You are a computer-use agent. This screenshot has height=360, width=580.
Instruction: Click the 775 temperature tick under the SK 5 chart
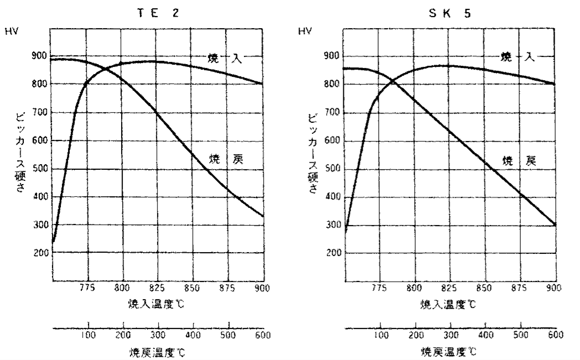point(379,288)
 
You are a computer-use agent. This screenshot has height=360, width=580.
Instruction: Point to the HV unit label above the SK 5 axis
point(305,32)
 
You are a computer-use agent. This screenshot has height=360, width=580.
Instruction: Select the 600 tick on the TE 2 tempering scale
point(263,335)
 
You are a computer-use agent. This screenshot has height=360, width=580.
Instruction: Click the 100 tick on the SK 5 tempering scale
point(380,335)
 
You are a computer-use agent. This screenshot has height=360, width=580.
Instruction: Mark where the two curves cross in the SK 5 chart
point(394,81)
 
